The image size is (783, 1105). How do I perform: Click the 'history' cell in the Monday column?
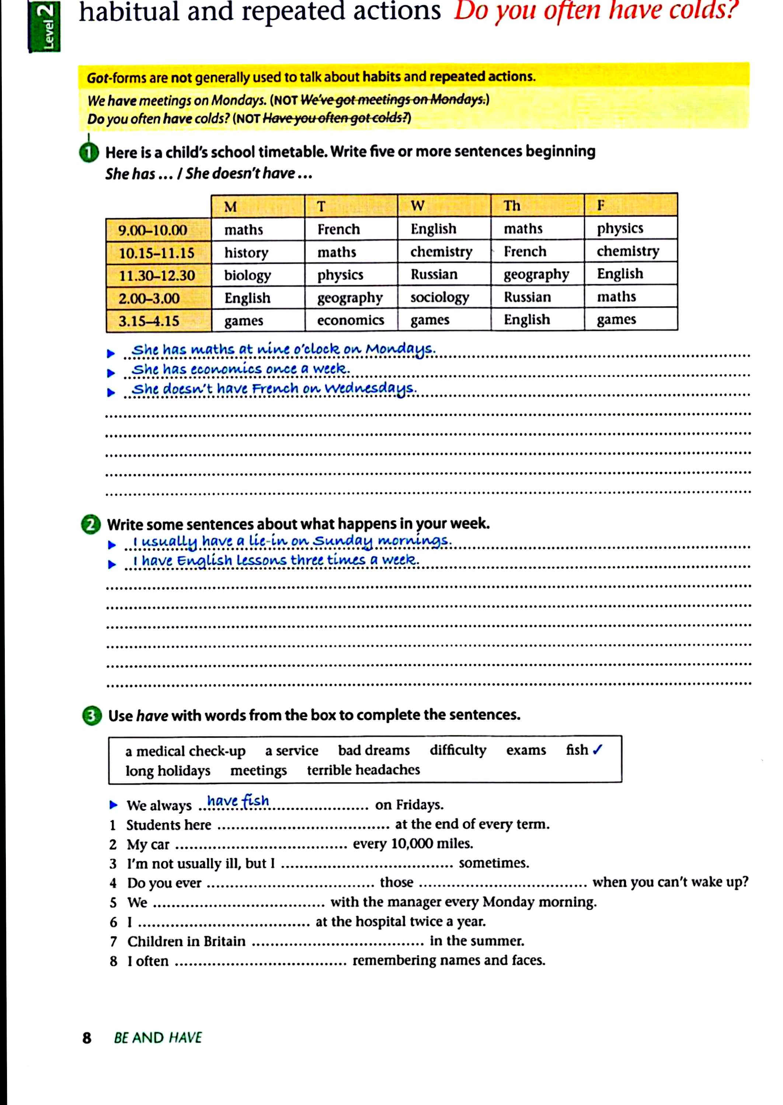[246, 252]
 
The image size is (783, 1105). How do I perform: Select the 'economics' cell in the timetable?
[351, 320]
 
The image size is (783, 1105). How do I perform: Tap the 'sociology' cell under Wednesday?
[440, 297]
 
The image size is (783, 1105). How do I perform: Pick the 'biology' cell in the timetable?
[247, 275]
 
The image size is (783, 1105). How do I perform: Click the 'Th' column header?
[512, 206]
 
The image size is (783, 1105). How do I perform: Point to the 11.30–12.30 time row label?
[157, 276]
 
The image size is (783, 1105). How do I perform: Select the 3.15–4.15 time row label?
[149, 321]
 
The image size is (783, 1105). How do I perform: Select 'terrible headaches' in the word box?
[363, 770]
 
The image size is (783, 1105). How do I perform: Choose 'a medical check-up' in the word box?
[186, 751]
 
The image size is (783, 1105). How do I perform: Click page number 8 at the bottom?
[87, 1038]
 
